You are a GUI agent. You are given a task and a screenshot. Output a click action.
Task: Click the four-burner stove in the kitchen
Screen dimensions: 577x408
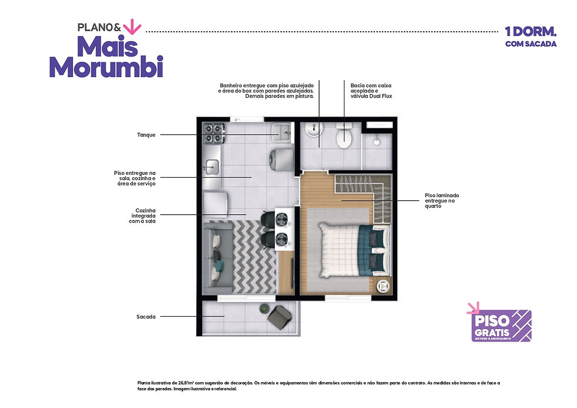[x=214, y=133]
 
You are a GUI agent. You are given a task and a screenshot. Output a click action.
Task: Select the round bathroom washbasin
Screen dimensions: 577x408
[x=314, y=129]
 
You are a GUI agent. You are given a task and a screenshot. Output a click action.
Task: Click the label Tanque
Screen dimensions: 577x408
[x=146, y=135]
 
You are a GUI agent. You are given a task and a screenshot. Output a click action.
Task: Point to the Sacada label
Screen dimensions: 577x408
[x=146, y=317]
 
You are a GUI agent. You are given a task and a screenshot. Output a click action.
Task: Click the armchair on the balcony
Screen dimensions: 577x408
[x=280, y=317]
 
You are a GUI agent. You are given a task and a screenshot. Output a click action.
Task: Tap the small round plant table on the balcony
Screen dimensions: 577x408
[x=264, y=308]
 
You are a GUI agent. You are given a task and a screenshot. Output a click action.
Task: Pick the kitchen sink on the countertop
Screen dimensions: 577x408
[x=213, y=167]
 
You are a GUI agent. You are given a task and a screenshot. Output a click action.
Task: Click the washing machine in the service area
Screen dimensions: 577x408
[x=282, y=160]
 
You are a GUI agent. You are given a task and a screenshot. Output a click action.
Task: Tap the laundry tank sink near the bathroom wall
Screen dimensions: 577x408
[x=281, y=132]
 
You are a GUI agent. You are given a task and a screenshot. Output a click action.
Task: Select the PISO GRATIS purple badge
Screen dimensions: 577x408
[x=501, y=326]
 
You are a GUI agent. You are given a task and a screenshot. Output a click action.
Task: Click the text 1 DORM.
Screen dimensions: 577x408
[x=530, y=32]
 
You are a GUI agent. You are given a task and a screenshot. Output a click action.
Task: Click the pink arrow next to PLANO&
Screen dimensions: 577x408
[x=132, y=26]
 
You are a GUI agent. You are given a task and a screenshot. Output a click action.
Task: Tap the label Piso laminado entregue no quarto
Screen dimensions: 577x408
[x=442, y=201]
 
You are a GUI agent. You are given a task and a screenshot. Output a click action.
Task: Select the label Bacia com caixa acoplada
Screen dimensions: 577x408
[x=371, y=91]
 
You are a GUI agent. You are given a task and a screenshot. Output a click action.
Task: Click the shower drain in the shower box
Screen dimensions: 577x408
[x=376, y=141]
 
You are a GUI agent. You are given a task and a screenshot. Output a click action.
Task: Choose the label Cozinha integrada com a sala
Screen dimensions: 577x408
[x=143, y=216]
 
